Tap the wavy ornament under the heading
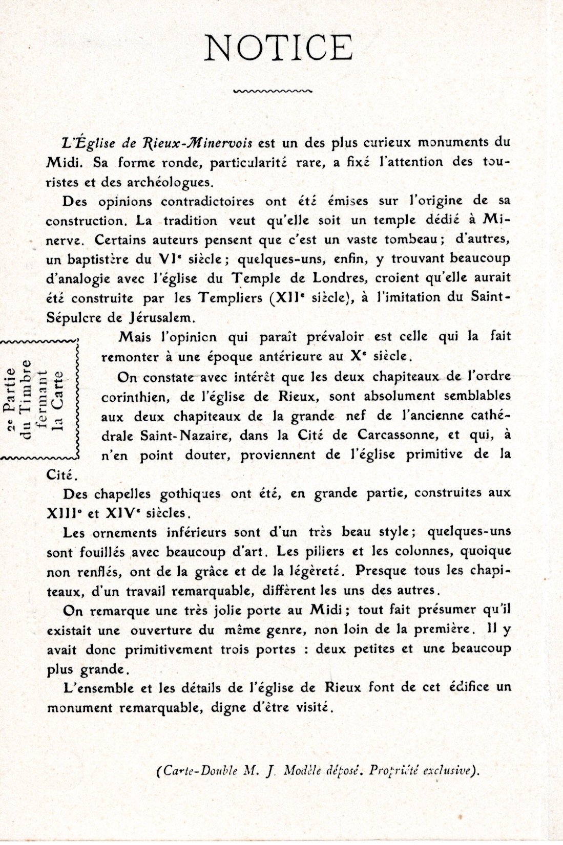click(x=272, y=92)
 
